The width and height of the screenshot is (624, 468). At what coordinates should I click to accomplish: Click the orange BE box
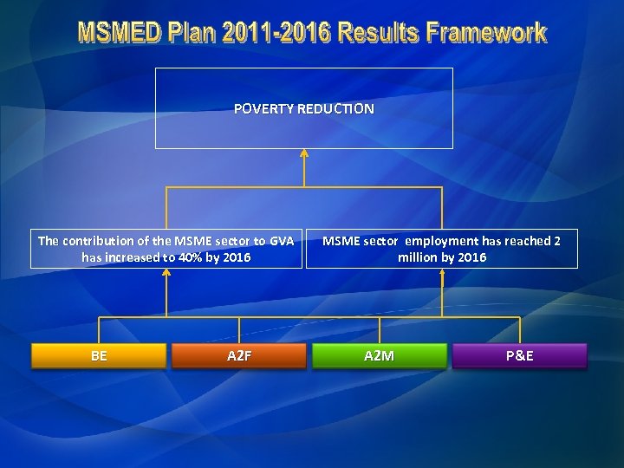point(99,355)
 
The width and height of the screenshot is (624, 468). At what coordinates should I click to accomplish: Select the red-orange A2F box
point(238,355)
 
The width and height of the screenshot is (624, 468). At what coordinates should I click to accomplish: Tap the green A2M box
point(379,355)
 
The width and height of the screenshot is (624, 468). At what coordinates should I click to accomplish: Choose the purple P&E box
point(519,355)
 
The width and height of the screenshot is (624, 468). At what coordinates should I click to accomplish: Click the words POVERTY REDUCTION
point(304,109)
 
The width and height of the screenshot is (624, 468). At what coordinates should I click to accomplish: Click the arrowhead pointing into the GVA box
point(166,273)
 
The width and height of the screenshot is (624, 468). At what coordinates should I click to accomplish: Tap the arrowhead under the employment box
point(442,273)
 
